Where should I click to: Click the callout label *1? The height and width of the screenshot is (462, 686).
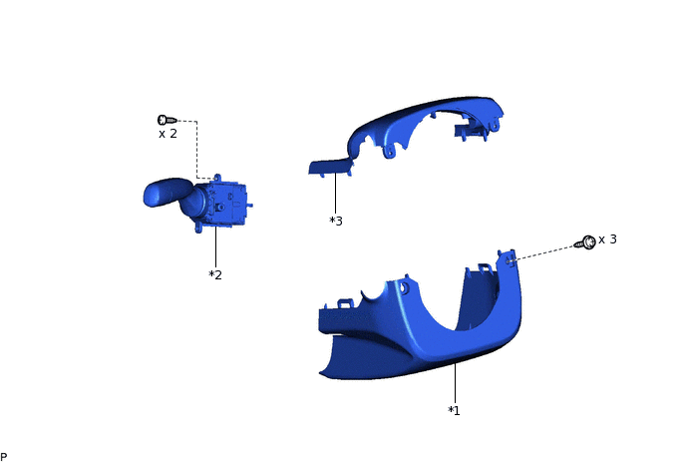tap(453, 410)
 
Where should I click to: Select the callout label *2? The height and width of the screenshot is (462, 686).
tap(214, 274)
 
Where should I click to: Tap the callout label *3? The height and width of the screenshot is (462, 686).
tap(336, 221)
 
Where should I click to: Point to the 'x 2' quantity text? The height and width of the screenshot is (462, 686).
tap(168, 134)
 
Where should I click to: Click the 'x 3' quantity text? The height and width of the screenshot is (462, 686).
tap(607, 239)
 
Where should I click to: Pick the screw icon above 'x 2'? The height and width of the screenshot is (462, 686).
tap(167, 120)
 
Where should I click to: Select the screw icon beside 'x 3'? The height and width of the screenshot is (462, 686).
tap(587, 242)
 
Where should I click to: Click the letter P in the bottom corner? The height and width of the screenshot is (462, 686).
tap(4, 456)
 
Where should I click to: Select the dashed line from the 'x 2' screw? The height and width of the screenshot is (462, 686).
tap(196, 150)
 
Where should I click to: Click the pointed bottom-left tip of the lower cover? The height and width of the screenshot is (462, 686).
tap(323, 373)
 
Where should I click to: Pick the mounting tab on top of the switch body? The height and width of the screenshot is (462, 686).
tap(217, 178)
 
